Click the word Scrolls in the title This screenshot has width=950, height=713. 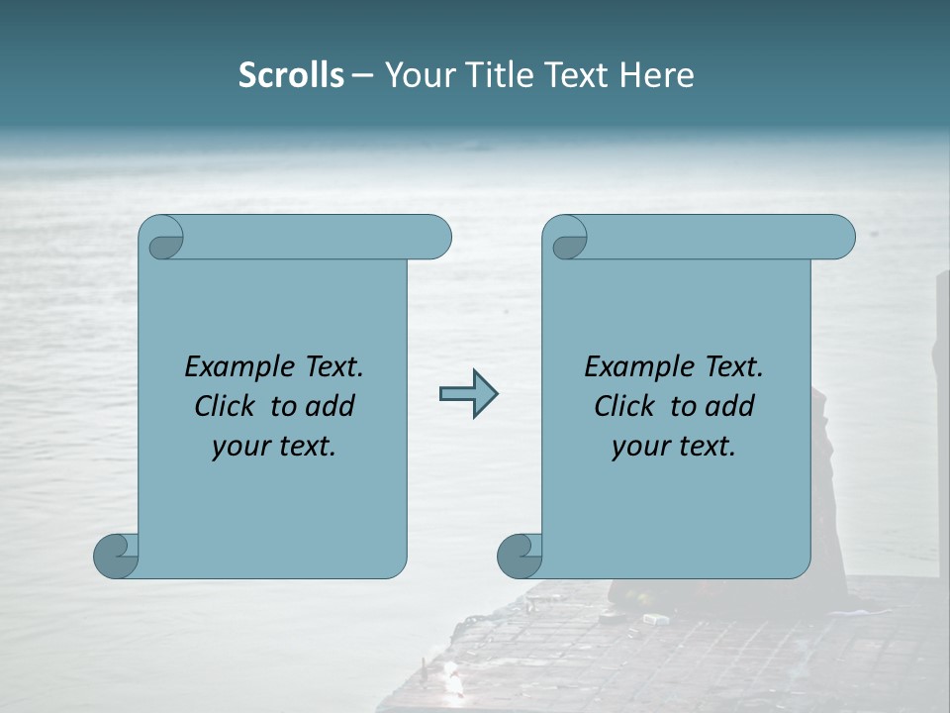[x=291, y=75]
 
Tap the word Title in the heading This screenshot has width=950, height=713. [x=501, y=75]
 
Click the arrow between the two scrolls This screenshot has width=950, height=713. [x=468, y=394]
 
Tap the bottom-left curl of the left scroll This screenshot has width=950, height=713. [x=116, y=555]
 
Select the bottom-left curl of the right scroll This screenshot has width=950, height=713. [x=519, y=555]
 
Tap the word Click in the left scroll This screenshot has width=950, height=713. [x=217, y=406]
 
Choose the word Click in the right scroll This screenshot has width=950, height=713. [x=617, y=406]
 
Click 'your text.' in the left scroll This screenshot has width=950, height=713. [x=274, y=447]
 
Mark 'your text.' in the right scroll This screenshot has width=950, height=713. [x=674, y=447]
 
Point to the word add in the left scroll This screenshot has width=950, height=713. [x=330, y=406]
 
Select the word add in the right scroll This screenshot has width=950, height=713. [x=729, y=406]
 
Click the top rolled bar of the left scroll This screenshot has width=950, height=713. [x=317, y=237]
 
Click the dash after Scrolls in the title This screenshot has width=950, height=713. [x=362, y=75]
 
